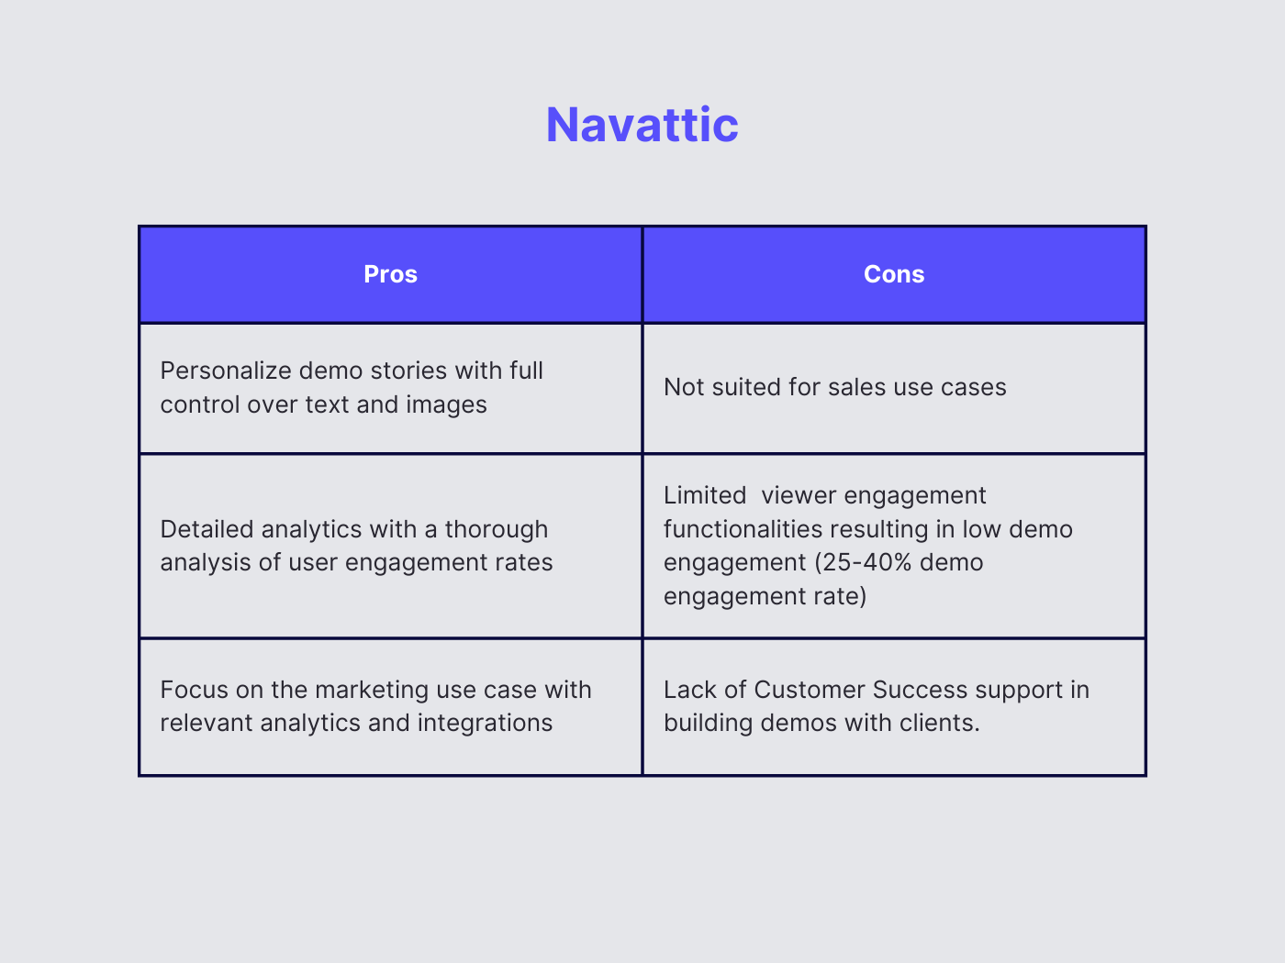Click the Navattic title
(x=642, y=125)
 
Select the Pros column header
(x=390, y=274)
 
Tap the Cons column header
(x=894, y=274)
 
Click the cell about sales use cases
(x=834, y=388)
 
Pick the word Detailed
(x=207, y=529)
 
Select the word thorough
(x=496, y=529)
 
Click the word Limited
(x=705, y=495)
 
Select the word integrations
(x=485, y=723)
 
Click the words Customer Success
(x=861, y=690)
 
